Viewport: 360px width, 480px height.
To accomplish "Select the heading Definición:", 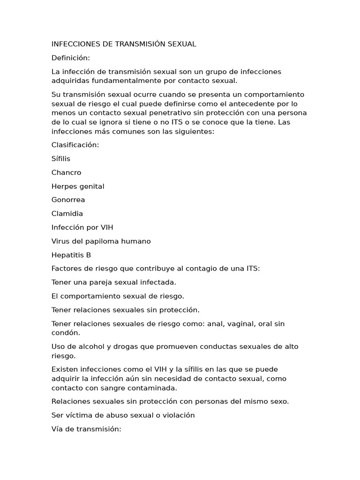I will [70, 58].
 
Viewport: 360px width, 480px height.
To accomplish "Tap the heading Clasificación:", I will [75, 145].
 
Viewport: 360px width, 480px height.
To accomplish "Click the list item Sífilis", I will [61, 158].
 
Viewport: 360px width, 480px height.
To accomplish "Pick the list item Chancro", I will [66, 172].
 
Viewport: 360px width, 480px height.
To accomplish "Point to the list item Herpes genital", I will [78, 186].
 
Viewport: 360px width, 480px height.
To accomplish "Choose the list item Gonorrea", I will [68, 200].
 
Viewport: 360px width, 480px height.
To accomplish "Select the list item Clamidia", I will [67, 214].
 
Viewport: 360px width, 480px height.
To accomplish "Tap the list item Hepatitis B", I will [71, 255].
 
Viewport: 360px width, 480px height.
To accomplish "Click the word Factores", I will [67, 269].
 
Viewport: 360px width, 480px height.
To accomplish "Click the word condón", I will [66, 333].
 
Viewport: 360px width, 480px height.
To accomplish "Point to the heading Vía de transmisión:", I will [86, 428].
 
